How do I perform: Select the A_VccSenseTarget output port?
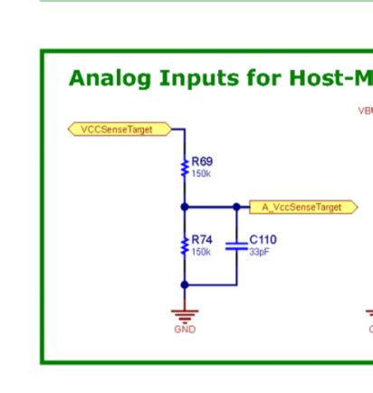(x=303, y=207)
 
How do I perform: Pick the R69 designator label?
(x=202, y=161)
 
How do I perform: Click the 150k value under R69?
(x=201, y=173)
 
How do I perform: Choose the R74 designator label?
(x=202, y=240)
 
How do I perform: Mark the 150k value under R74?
(x=201, y=252)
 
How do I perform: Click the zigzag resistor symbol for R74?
(x=185, y=245)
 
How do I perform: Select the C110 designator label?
(x=263, y=240)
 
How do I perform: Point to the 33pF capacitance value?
(x=259, y=252)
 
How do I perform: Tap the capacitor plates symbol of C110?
(x=236, y=244)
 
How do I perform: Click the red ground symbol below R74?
(x=185, y=314)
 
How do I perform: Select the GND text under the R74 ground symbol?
(x=185, y=330)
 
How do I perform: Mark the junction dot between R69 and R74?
(x=185, y=207)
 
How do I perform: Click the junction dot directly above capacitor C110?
(x=236, y=207)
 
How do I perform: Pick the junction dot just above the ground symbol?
(x=185, y=284)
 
